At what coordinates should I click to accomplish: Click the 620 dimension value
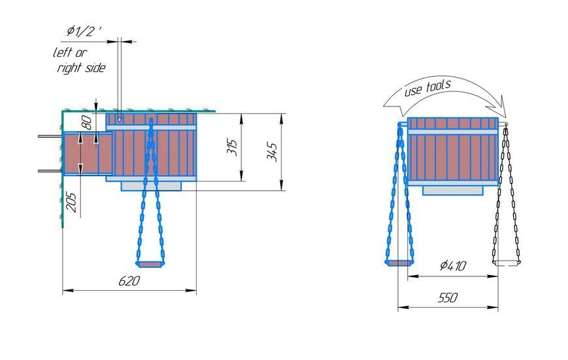point(129,281)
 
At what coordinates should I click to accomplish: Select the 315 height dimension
point(233,147)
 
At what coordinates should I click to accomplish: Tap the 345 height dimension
point(273,152)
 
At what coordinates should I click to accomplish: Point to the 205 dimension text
point(71,202)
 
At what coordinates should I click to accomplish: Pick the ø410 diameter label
point(453,266)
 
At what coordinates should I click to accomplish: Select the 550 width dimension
point(448,298)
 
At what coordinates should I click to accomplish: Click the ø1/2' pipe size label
point(84,31)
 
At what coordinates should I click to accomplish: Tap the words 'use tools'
point(427,88)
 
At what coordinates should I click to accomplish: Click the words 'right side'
point(82,68)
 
